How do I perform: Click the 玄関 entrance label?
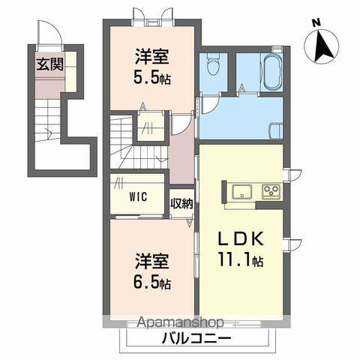coord(50,64)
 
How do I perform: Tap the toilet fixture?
coord(213,65)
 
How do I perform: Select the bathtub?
coord(273,73)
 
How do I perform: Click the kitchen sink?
coord(241,192)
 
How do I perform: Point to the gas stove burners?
coord(271,192)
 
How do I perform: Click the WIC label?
coord(138,196)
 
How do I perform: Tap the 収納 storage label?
coord(181,204)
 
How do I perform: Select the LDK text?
coord(241,239)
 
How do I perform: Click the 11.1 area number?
coord(235,259)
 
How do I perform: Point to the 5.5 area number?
coord(146,77)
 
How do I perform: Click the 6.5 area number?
coord(146,281)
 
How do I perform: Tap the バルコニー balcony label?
coord(196,340)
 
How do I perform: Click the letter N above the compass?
coord(316,23)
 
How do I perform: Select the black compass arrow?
coord(324,46)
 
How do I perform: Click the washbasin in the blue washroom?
coord(276,130)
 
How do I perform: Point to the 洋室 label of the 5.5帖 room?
coord(151,58)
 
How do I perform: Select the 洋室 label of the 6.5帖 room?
coord(151,262)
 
